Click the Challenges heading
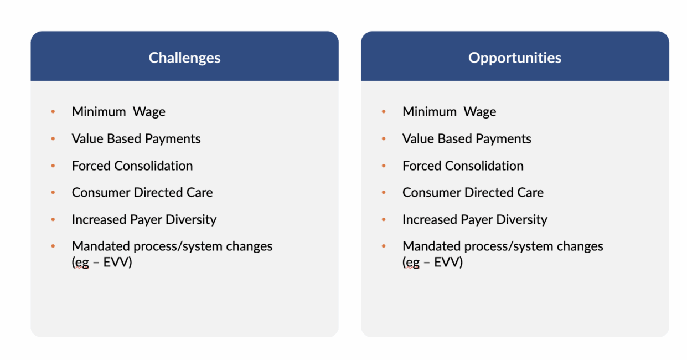[185, 58]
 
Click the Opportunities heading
[515, 58]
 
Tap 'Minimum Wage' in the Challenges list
[118, 112]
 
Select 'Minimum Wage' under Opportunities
[450, 112]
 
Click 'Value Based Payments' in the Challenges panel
[136, 139]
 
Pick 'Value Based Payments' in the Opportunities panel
[467, 139]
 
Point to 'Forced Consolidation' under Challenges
[132, 166]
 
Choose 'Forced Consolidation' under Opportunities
[463, 166]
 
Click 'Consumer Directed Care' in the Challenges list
[142, 192]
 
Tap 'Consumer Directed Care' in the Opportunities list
[473, 192]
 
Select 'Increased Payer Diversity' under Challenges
[144, 220]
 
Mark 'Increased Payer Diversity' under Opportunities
[475, 220]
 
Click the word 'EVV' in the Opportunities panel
[447, 262]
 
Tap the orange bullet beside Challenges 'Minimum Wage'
[53, 111]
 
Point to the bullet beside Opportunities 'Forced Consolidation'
[384, 166]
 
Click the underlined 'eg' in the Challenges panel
[81, 263]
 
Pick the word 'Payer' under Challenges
[146, 220]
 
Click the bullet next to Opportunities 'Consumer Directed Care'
[384, 192]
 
